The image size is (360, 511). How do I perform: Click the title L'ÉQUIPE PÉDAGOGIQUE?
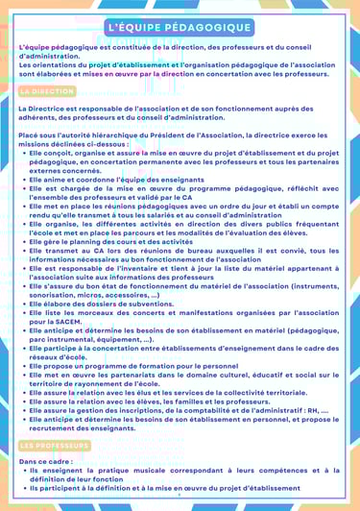(180, 28)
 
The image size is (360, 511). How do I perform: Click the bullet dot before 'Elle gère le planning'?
(26, 216)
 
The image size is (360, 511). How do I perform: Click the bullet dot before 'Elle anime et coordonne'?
(26, 180)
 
